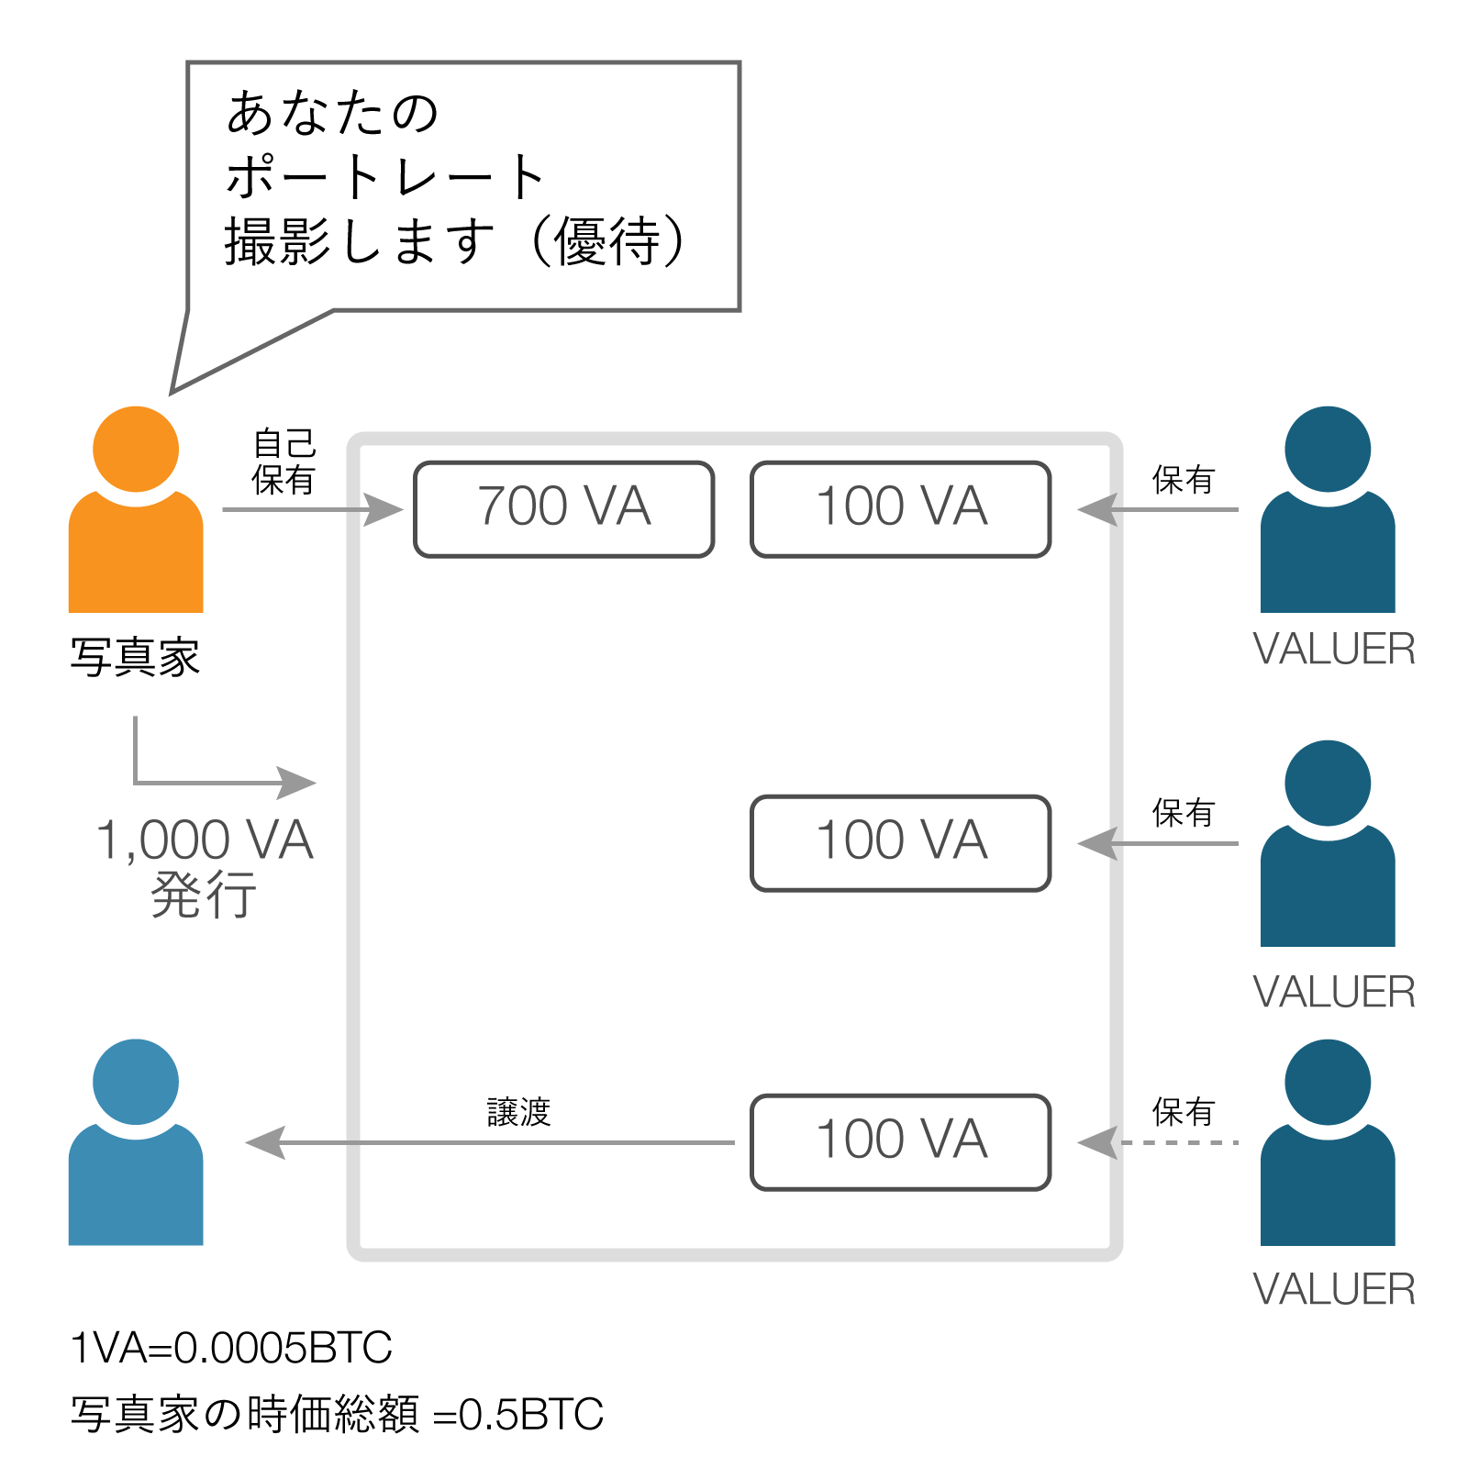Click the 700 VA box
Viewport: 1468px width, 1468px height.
(x=563, y=508)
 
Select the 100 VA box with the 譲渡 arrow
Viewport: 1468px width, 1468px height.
(x=900, y=1141)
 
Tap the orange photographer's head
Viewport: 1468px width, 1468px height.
(x=136, y=450)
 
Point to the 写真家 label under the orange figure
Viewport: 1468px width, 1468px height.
(x=135, y=657)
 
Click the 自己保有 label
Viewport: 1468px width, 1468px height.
(x=284, y=462)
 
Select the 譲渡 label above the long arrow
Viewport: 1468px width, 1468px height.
(x=518, y=1112)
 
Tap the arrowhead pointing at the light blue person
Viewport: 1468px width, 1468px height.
(x=266, y=1142)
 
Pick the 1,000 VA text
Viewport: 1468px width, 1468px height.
(x=205, y=840)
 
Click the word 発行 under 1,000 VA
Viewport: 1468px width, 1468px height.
(x=204, y=895)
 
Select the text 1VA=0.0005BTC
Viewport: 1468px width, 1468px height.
(x=231, y=1347)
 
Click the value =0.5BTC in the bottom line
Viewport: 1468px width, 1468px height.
(x=518, y=1414)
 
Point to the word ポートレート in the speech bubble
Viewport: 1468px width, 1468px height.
(x=385, y=176)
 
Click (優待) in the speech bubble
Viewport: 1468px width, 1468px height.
(x=606, y=242)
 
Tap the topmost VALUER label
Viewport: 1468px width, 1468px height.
(x=1333, y=649)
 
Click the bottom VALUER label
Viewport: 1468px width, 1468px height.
(x=1333, y=1289)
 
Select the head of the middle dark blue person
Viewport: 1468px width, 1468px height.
(x=1328, y=784)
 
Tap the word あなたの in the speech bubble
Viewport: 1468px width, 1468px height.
(x=332, y=112)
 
